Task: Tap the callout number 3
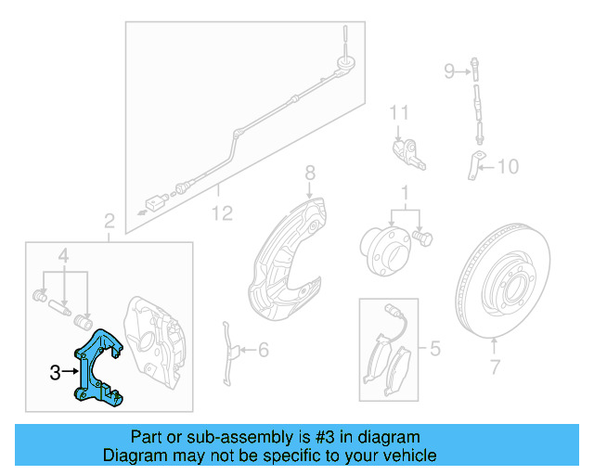pyautogui.click(x=56, y=373)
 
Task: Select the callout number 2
pyautogui.click(x=110, y=222)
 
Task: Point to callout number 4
pyautogui.click(x=63, y=255)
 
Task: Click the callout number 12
pyautogui.click(x=221, y=213)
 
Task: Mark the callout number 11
pyautogui.click(x=399, y=113)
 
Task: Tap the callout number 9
pyautogui.click(x=448, y=71)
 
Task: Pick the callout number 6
pyautogui.click(x=263, y=350)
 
